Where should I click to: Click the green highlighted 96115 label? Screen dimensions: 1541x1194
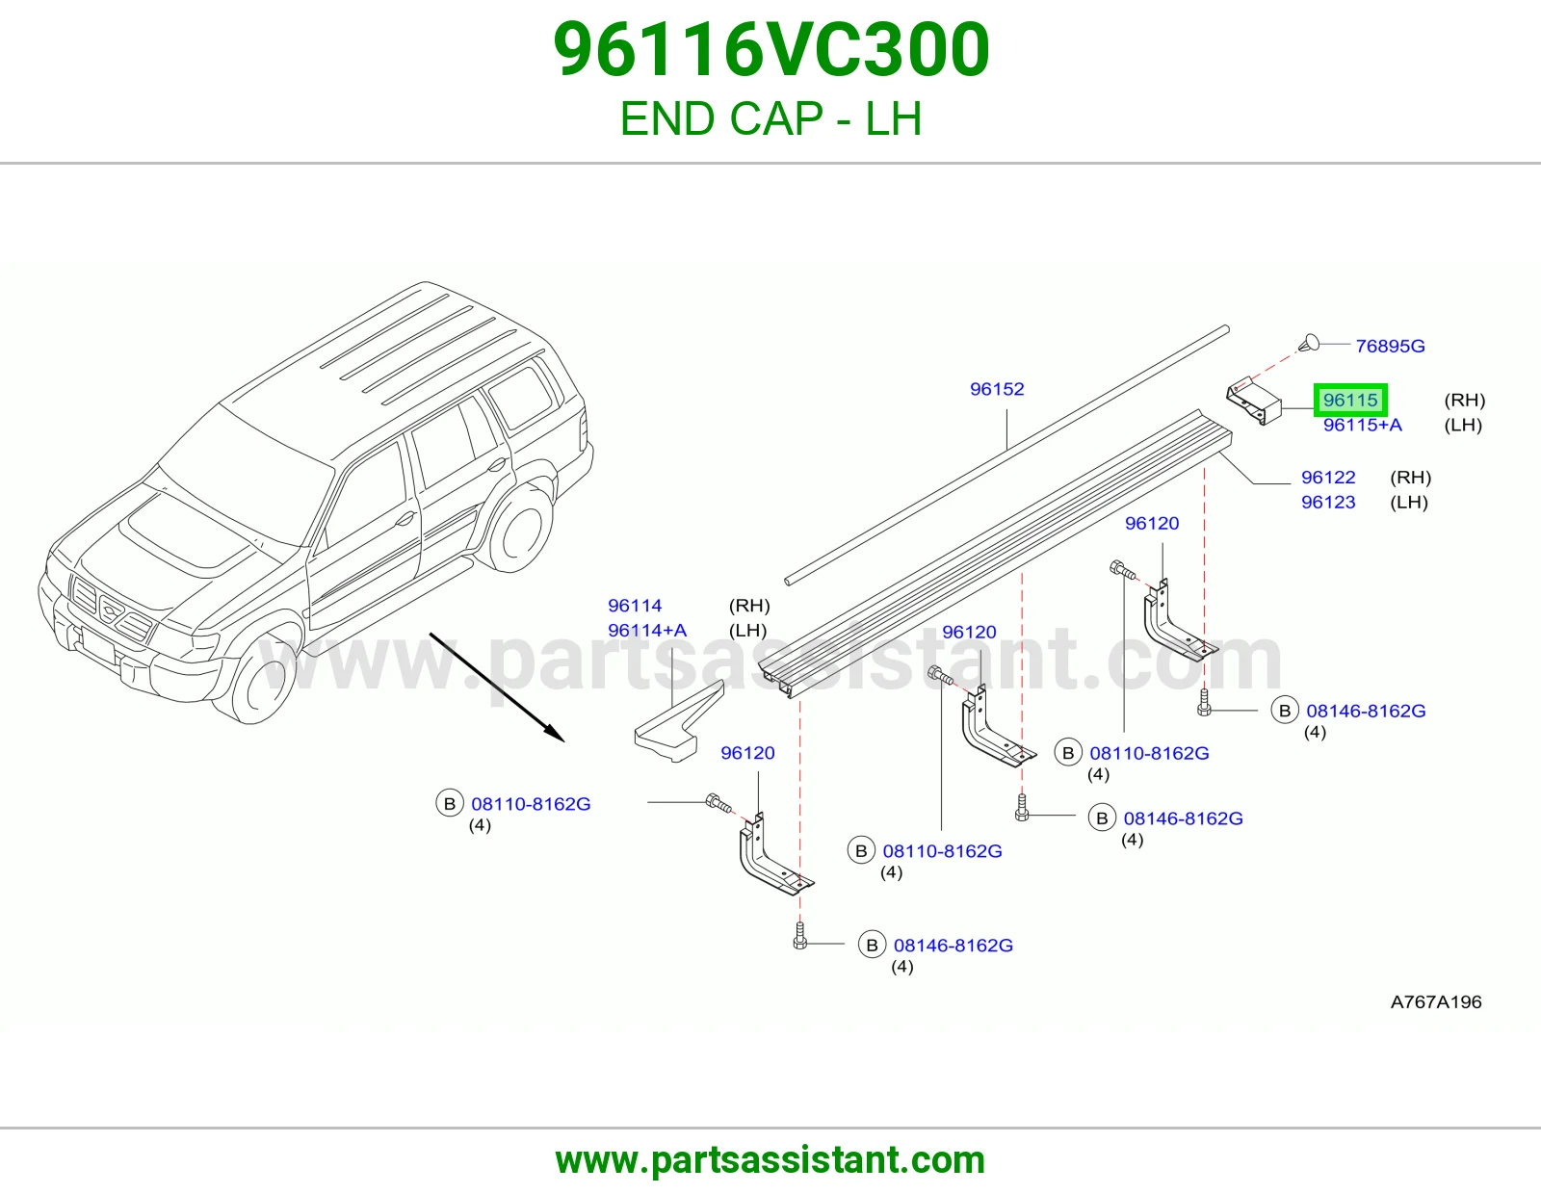pos(1350,400)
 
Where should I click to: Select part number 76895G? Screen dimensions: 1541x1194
pos(1390,346)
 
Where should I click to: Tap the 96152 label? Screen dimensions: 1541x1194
pos(997,389)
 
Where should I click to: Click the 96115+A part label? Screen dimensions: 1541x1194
pos(1362,426)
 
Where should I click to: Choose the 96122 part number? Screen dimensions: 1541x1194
pos(1328,478)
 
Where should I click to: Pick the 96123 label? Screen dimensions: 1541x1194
pos(1328,502)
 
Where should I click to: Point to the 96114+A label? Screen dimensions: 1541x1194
pos(647,631)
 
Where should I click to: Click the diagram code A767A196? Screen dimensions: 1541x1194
pos(1436,1001)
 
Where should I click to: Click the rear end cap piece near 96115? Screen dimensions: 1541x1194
pos(1254,401)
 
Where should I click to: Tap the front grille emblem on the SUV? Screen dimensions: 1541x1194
pos(111,610)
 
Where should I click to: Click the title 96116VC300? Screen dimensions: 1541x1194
pos(770,49)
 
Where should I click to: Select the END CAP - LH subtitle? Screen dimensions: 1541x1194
pos(770,118)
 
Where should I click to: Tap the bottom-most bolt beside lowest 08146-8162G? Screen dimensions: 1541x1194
pos(800,936)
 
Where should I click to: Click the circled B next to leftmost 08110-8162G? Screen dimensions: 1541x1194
pos(449,803)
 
